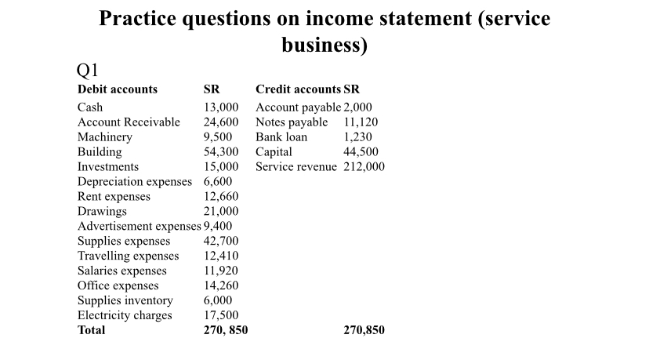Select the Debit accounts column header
[x=118, y=89]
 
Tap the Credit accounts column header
[x=298, y=89]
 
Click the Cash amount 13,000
[x=220, y=107]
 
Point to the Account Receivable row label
[x=129, y=122]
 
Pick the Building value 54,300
[x=220, y=152]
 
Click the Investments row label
[x=108, y=167]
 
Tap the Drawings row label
[x=102, y=212]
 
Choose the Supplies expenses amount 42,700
[x=220, y=241]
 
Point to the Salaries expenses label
[x=121, y=271]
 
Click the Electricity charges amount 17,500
[x=220, y=315]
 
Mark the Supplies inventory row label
[x=125, y=300]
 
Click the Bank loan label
[x=281, y=137]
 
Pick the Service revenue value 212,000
[x=364, y=167]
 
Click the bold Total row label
[x=91, y=330]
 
